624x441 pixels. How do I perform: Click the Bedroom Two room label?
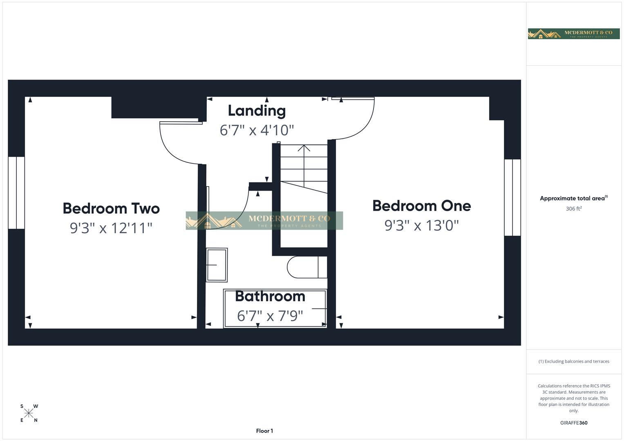[111, 209]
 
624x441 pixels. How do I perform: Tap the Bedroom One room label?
[421, 206]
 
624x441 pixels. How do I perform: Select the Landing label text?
[257, 111]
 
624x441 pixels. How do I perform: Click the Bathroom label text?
[270, 296]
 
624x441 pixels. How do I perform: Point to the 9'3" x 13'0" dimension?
[421, 225]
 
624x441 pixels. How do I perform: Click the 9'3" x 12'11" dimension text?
[111, 228]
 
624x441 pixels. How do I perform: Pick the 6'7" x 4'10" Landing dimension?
[257, 130]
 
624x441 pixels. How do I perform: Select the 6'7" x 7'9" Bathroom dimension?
[270, 316]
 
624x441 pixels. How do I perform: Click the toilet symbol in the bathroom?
[306, 267]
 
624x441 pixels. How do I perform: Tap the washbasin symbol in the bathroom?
[216, 265]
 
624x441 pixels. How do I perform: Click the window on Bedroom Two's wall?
[16, 193]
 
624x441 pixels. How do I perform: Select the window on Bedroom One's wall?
[512, 198]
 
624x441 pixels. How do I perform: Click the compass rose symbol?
[29, 413]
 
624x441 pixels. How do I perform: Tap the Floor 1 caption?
[264, 431]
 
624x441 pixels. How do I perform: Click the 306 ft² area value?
[573, 209]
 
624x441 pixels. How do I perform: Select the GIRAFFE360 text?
[573, 423]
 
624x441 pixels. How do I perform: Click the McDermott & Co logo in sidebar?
[573, 33]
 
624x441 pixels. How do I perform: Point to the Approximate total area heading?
[573, 198]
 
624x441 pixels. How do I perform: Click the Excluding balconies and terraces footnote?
[573, 361]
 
